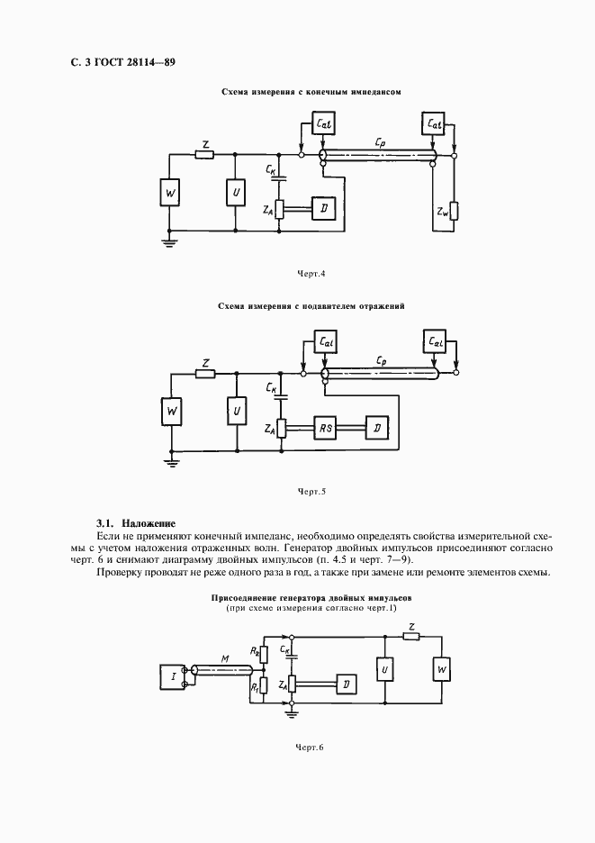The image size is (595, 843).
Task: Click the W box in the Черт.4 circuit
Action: pos(172,193)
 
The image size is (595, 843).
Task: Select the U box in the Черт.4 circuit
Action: pos(235,193)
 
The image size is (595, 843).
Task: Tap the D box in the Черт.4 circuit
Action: pos(322,209)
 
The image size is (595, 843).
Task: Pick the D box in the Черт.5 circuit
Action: pos(376,429)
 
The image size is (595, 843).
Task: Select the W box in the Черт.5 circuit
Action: pos(172,412)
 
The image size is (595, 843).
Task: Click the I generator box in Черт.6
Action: pos(171,675)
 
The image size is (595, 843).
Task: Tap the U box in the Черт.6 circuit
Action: pos(385,670)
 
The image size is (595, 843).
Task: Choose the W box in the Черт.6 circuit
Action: pos(441,670)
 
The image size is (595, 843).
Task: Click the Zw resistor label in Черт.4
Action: pos(442,213)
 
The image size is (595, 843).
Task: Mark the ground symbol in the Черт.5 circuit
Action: pos(172,460)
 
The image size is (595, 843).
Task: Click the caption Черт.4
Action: pos(311,272)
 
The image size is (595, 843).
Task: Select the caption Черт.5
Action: pos(311,492)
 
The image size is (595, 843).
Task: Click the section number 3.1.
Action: pos(105,523)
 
